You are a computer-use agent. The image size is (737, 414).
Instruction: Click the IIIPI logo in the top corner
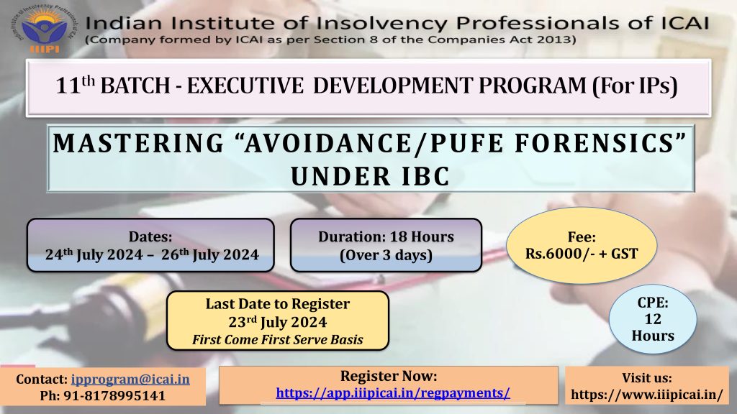[x=42, y=29]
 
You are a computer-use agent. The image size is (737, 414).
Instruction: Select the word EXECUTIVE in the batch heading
[x=245, y=86]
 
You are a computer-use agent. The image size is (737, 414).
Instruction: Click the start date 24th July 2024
[x=94, y=255]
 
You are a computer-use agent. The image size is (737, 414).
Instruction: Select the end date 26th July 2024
[x=210, y=255]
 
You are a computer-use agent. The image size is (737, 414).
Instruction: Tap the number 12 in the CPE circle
[x=652, y=319]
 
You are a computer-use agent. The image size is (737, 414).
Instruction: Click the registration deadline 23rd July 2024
[x=278, y=323]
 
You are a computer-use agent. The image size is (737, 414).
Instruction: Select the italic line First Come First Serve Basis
[x=278, y=340]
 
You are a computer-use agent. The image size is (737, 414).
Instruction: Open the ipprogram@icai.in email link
[x=130, y=379]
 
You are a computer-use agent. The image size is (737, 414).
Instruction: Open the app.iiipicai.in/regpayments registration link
[x=393, y=393]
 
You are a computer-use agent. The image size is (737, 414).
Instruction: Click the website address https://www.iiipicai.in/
[x=647, y=395]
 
